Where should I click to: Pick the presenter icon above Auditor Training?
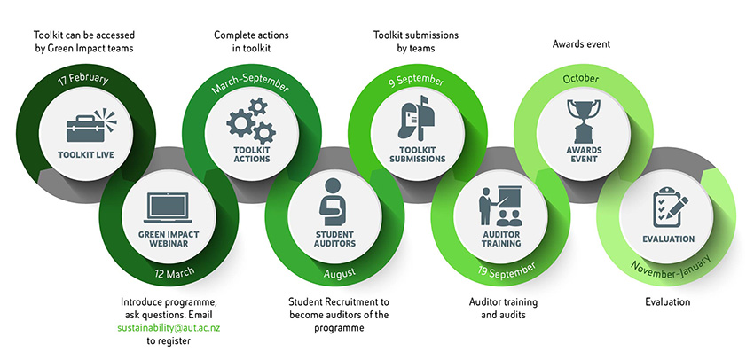click(x=499, y=205)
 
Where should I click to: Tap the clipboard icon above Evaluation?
click(x=667, y=207)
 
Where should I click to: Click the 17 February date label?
click(x=83, y=80)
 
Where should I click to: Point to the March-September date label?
click(x=251, y=86)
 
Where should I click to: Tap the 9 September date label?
click(x=416, y=82)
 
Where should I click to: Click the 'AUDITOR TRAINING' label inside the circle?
click(x=501, y=237)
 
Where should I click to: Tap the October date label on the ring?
click(x=581, y=79)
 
